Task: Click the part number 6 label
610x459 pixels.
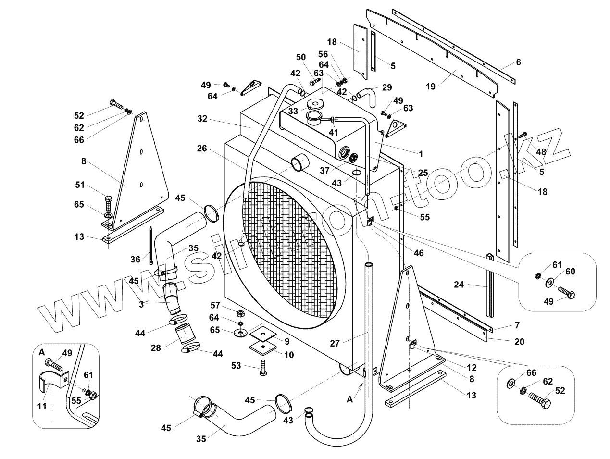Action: (x=518, y=62)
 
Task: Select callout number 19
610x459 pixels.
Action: (x=431, y=87)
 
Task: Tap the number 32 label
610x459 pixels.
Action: (x=202, y=118)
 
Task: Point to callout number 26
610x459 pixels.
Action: (x=202, y=149)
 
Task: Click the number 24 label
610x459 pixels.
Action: (x=459, y=285)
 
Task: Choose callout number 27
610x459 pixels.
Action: (x=336, y=343)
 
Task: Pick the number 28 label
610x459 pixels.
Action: (x=156, y=347)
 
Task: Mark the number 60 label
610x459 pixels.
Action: (x=570, y=272)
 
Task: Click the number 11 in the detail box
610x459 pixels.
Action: (x=42, y=406)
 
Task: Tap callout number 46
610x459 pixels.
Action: (x=419, y=253)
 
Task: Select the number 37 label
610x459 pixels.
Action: (x=325, y=170)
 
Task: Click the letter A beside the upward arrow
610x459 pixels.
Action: (x=350, y=398)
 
